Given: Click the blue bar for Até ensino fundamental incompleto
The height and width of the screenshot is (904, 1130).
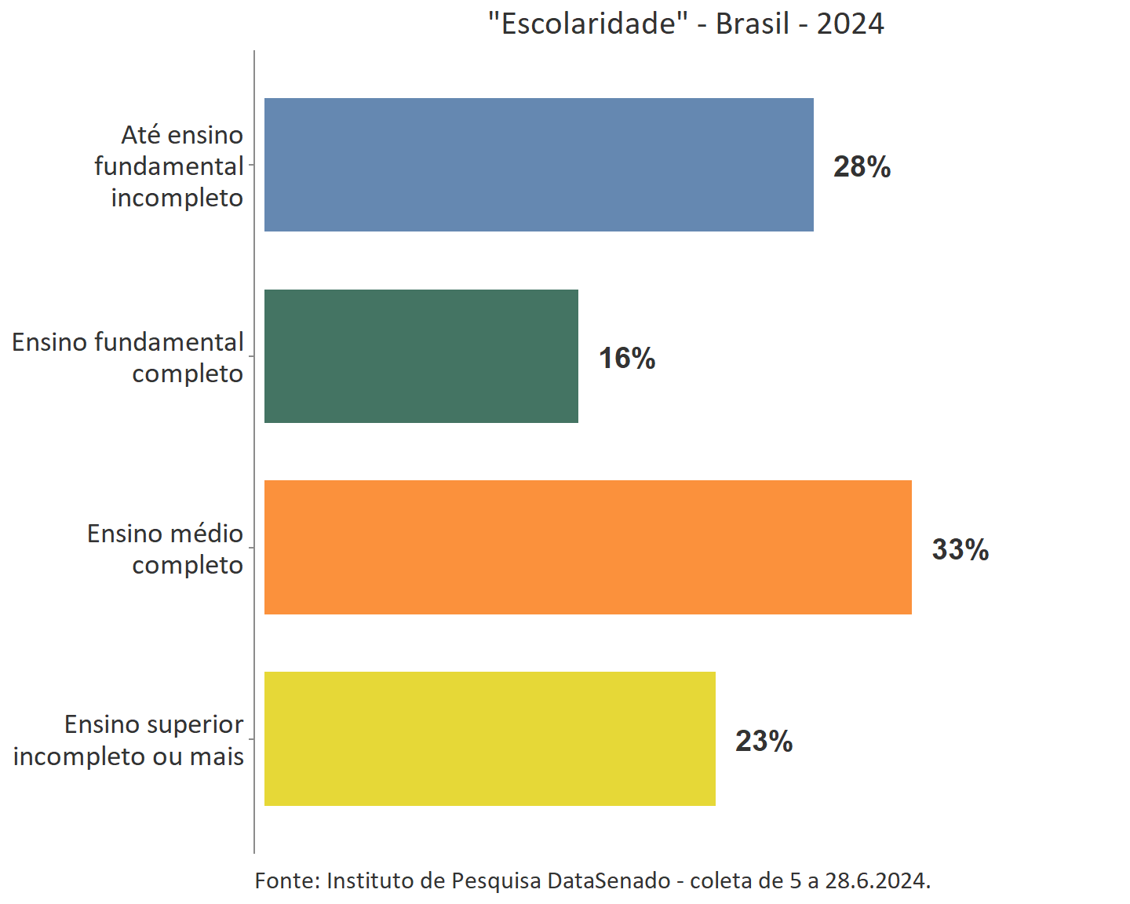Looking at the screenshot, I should coord(538,165).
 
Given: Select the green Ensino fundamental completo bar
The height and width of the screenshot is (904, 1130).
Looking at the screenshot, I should coord(421,356).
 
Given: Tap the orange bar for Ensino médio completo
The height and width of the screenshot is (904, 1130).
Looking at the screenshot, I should coord(588,547).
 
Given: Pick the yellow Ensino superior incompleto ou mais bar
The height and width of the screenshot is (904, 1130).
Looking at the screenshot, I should coord(490,738).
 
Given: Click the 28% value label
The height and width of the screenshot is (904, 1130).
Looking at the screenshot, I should coord(862,166).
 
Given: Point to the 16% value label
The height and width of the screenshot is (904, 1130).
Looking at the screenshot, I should coord(626,358).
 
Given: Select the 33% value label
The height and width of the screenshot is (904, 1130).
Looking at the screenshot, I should coord(960,549).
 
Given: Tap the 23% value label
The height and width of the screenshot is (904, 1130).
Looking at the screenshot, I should coord(764,741).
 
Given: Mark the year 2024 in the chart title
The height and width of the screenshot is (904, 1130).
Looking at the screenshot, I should coord(850,24).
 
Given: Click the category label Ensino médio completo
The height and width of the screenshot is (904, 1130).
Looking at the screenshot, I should coord(165,549).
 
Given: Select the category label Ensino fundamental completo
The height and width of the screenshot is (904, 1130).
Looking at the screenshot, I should coord(128,357).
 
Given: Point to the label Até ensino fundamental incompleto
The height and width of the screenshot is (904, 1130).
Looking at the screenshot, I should coord(169,166).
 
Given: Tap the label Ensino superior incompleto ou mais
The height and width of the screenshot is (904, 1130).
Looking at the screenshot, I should coord(129,740).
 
